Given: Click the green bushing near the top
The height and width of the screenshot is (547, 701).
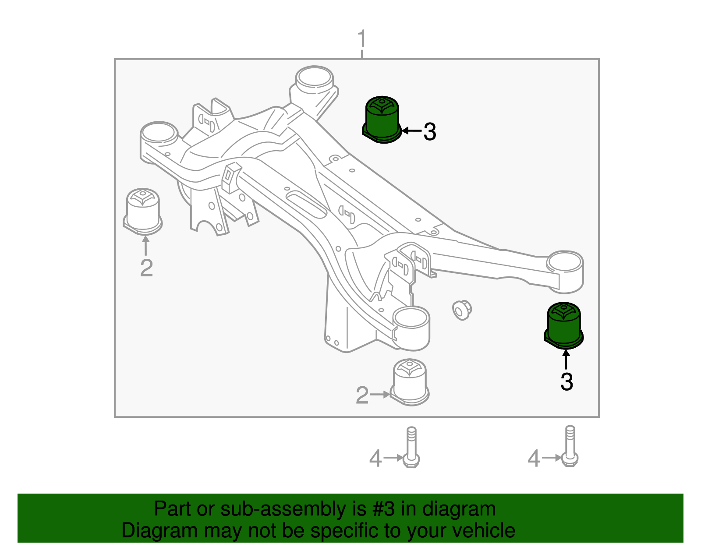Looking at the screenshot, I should (x=382, y=119).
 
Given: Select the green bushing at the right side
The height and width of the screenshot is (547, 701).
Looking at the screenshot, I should (x=564, y=325).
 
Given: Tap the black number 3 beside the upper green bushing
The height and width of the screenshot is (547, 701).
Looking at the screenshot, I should (x=430, y=131).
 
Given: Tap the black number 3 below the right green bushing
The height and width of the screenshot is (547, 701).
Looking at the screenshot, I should (x=566, y=382).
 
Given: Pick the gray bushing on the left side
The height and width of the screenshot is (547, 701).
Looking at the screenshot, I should (x=143, y=212).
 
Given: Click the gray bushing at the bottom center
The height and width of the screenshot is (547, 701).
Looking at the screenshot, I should (x=410, y=381).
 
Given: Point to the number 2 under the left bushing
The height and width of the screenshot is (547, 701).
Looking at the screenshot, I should (x=146, y=268).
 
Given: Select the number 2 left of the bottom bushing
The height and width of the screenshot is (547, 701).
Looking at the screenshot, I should (x=362, y=395).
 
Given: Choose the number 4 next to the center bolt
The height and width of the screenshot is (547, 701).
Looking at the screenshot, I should (x=375, y=459).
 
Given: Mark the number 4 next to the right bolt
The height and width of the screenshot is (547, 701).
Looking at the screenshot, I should (x=534, y=459).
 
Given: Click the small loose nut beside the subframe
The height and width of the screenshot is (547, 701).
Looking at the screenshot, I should (x=461, y=310).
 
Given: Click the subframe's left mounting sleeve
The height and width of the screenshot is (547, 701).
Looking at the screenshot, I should (x=159, y=134).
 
